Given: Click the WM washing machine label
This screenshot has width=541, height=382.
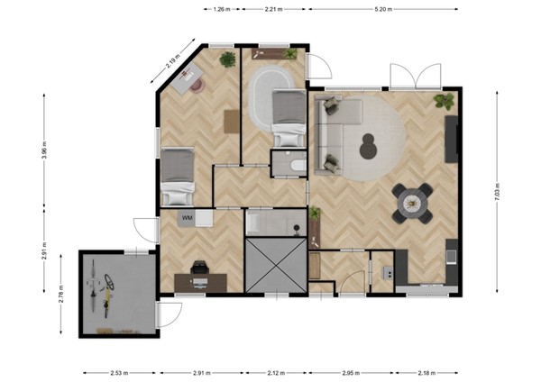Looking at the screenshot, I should click(x=188, y=218).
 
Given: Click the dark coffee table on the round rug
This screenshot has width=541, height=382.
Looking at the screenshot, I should click(x=368, y=144).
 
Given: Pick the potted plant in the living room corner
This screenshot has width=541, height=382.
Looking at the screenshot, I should click(x=444, y=100).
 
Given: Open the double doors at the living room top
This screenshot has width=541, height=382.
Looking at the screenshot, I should click(x=411, y=77).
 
